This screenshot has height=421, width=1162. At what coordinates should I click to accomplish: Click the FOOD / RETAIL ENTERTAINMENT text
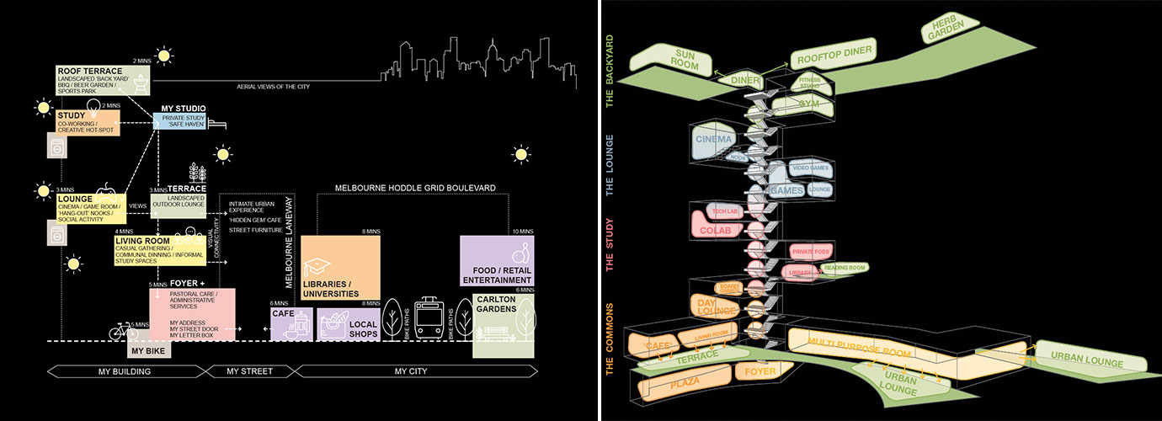pyautogui.click(x=496, y=274)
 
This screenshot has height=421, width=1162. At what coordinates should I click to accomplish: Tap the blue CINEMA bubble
pyautogui.click(x=714, y=139)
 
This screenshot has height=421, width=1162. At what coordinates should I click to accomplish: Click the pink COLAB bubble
pyautogui.click(x=716, y=229)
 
